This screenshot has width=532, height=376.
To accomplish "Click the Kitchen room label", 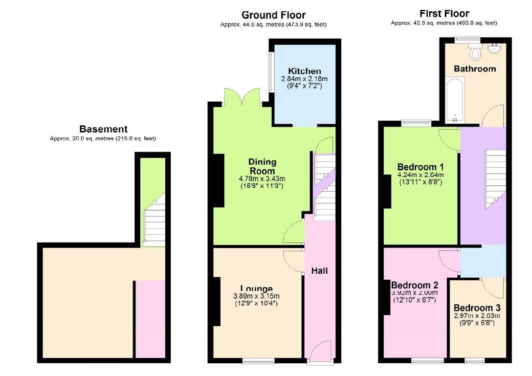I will pos(304,71).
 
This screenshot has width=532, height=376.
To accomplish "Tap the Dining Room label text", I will pos(262,166).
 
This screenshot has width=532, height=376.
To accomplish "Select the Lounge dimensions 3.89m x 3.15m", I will pos(256,296).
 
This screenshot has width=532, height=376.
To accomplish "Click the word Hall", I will pos(320,270).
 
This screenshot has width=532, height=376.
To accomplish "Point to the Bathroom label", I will pos(474,68).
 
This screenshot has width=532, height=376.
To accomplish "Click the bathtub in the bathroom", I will pos(454,100).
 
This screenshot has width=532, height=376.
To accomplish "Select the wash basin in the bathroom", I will pos(494,48).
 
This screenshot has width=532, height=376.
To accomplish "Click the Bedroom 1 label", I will pos(420,167).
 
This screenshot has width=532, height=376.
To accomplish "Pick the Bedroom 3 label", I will pos(477,308).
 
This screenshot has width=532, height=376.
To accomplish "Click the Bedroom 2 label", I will pos(415,285).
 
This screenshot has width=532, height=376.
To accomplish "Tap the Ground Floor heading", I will pos(273,15).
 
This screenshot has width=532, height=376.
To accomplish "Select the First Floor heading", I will pos(444,14).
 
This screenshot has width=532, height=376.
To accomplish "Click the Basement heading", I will pos(103,129).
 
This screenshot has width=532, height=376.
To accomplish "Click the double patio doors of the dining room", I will pos(241,97).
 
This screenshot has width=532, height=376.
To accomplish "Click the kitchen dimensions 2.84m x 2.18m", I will pos(304,79).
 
